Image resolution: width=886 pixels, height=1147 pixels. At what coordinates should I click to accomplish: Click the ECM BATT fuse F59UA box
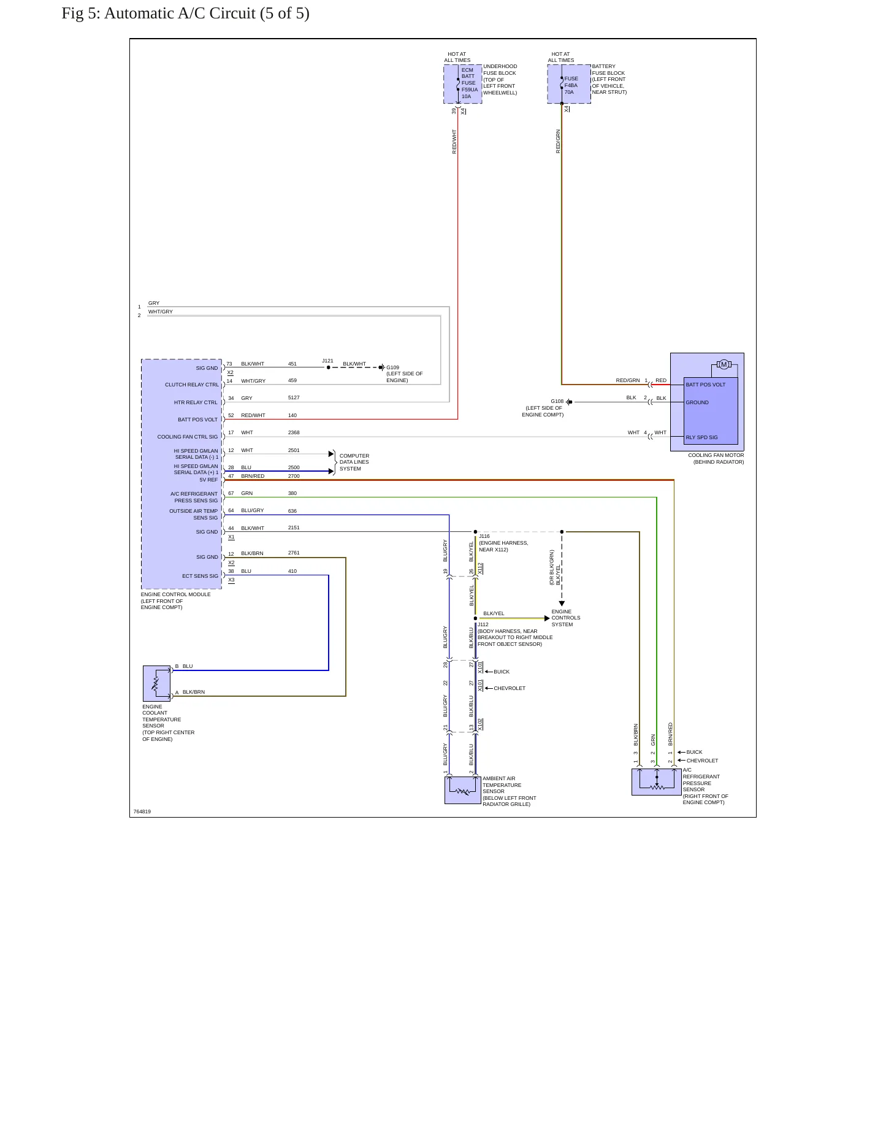463,84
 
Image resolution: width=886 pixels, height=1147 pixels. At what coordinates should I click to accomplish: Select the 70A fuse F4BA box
569,84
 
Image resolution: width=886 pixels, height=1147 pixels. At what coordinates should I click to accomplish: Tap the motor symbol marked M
724,365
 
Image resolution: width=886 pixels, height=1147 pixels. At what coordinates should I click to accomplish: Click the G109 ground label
392,367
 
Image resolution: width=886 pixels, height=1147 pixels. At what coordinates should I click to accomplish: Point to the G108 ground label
557,401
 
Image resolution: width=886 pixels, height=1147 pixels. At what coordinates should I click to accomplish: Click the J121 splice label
327,361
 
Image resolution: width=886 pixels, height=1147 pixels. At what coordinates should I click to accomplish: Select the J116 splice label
484,536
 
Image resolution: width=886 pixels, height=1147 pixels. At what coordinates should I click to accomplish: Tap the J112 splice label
483,624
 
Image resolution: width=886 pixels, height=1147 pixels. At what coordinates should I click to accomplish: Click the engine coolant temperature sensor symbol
157,683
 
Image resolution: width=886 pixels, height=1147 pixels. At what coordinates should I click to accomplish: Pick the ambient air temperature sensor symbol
463,790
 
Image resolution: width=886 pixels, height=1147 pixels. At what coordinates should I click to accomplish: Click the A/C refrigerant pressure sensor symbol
657,782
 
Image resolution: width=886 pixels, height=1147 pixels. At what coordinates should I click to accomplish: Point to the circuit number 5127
294,397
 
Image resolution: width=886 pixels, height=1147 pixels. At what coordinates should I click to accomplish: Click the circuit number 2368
294,432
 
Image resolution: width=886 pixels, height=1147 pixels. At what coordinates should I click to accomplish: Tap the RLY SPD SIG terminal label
701,437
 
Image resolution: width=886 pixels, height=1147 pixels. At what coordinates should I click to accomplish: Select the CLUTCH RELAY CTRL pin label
191,385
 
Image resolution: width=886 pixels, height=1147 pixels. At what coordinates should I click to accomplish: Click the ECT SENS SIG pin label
200,576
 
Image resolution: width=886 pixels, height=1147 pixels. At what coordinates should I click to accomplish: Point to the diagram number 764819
142,811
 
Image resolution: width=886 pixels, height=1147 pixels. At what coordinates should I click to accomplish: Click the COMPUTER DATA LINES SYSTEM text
354,462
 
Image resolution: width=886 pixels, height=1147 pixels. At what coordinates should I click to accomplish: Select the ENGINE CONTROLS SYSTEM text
566,618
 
